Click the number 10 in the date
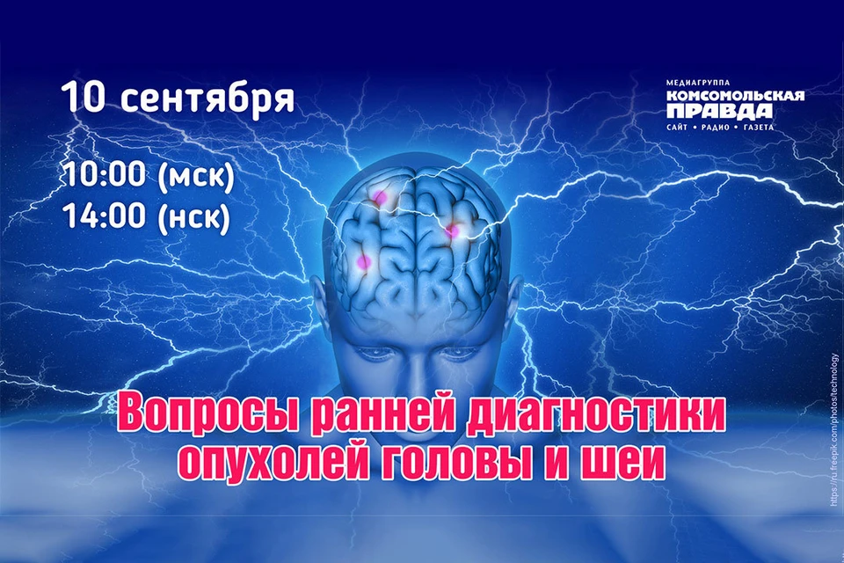(x=83, y=97)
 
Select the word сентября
(x=207, y=99)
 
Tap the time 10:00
(x=105, y=174)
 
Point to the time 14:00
(x=105, y=215)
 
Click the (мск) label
(x=196, y=176)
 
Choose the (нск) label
(x=193, y=216)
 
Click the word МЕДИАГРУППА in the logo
(x=698, y=83)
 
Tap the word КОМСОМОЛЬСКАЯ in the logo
(x=735, y=96)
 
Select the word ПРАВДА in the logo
(x=719, y=111)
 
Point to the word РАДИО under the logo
(x=716, y=128)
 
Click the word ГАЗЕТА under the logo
(x=758, y=128)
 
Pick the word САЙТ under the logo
(x=677, y=128)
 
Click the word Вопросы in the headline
(x=209, y=415)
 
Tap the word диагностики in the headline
(x=596, y=415)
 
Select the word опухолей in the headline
(x=273, y=462)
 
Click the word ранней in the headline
(x=383, y=415)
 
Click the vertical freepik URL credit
(x=834, y=430)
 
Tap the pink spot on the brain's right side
(x=453, y=231)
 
